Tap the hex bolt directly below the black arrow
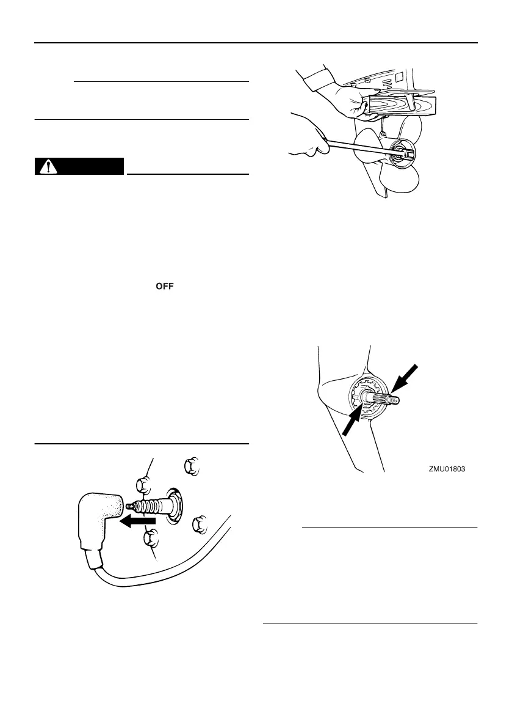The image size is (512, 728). tap(150, 540)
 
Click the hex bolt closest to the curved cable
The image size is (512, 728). tap(199, 524)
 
